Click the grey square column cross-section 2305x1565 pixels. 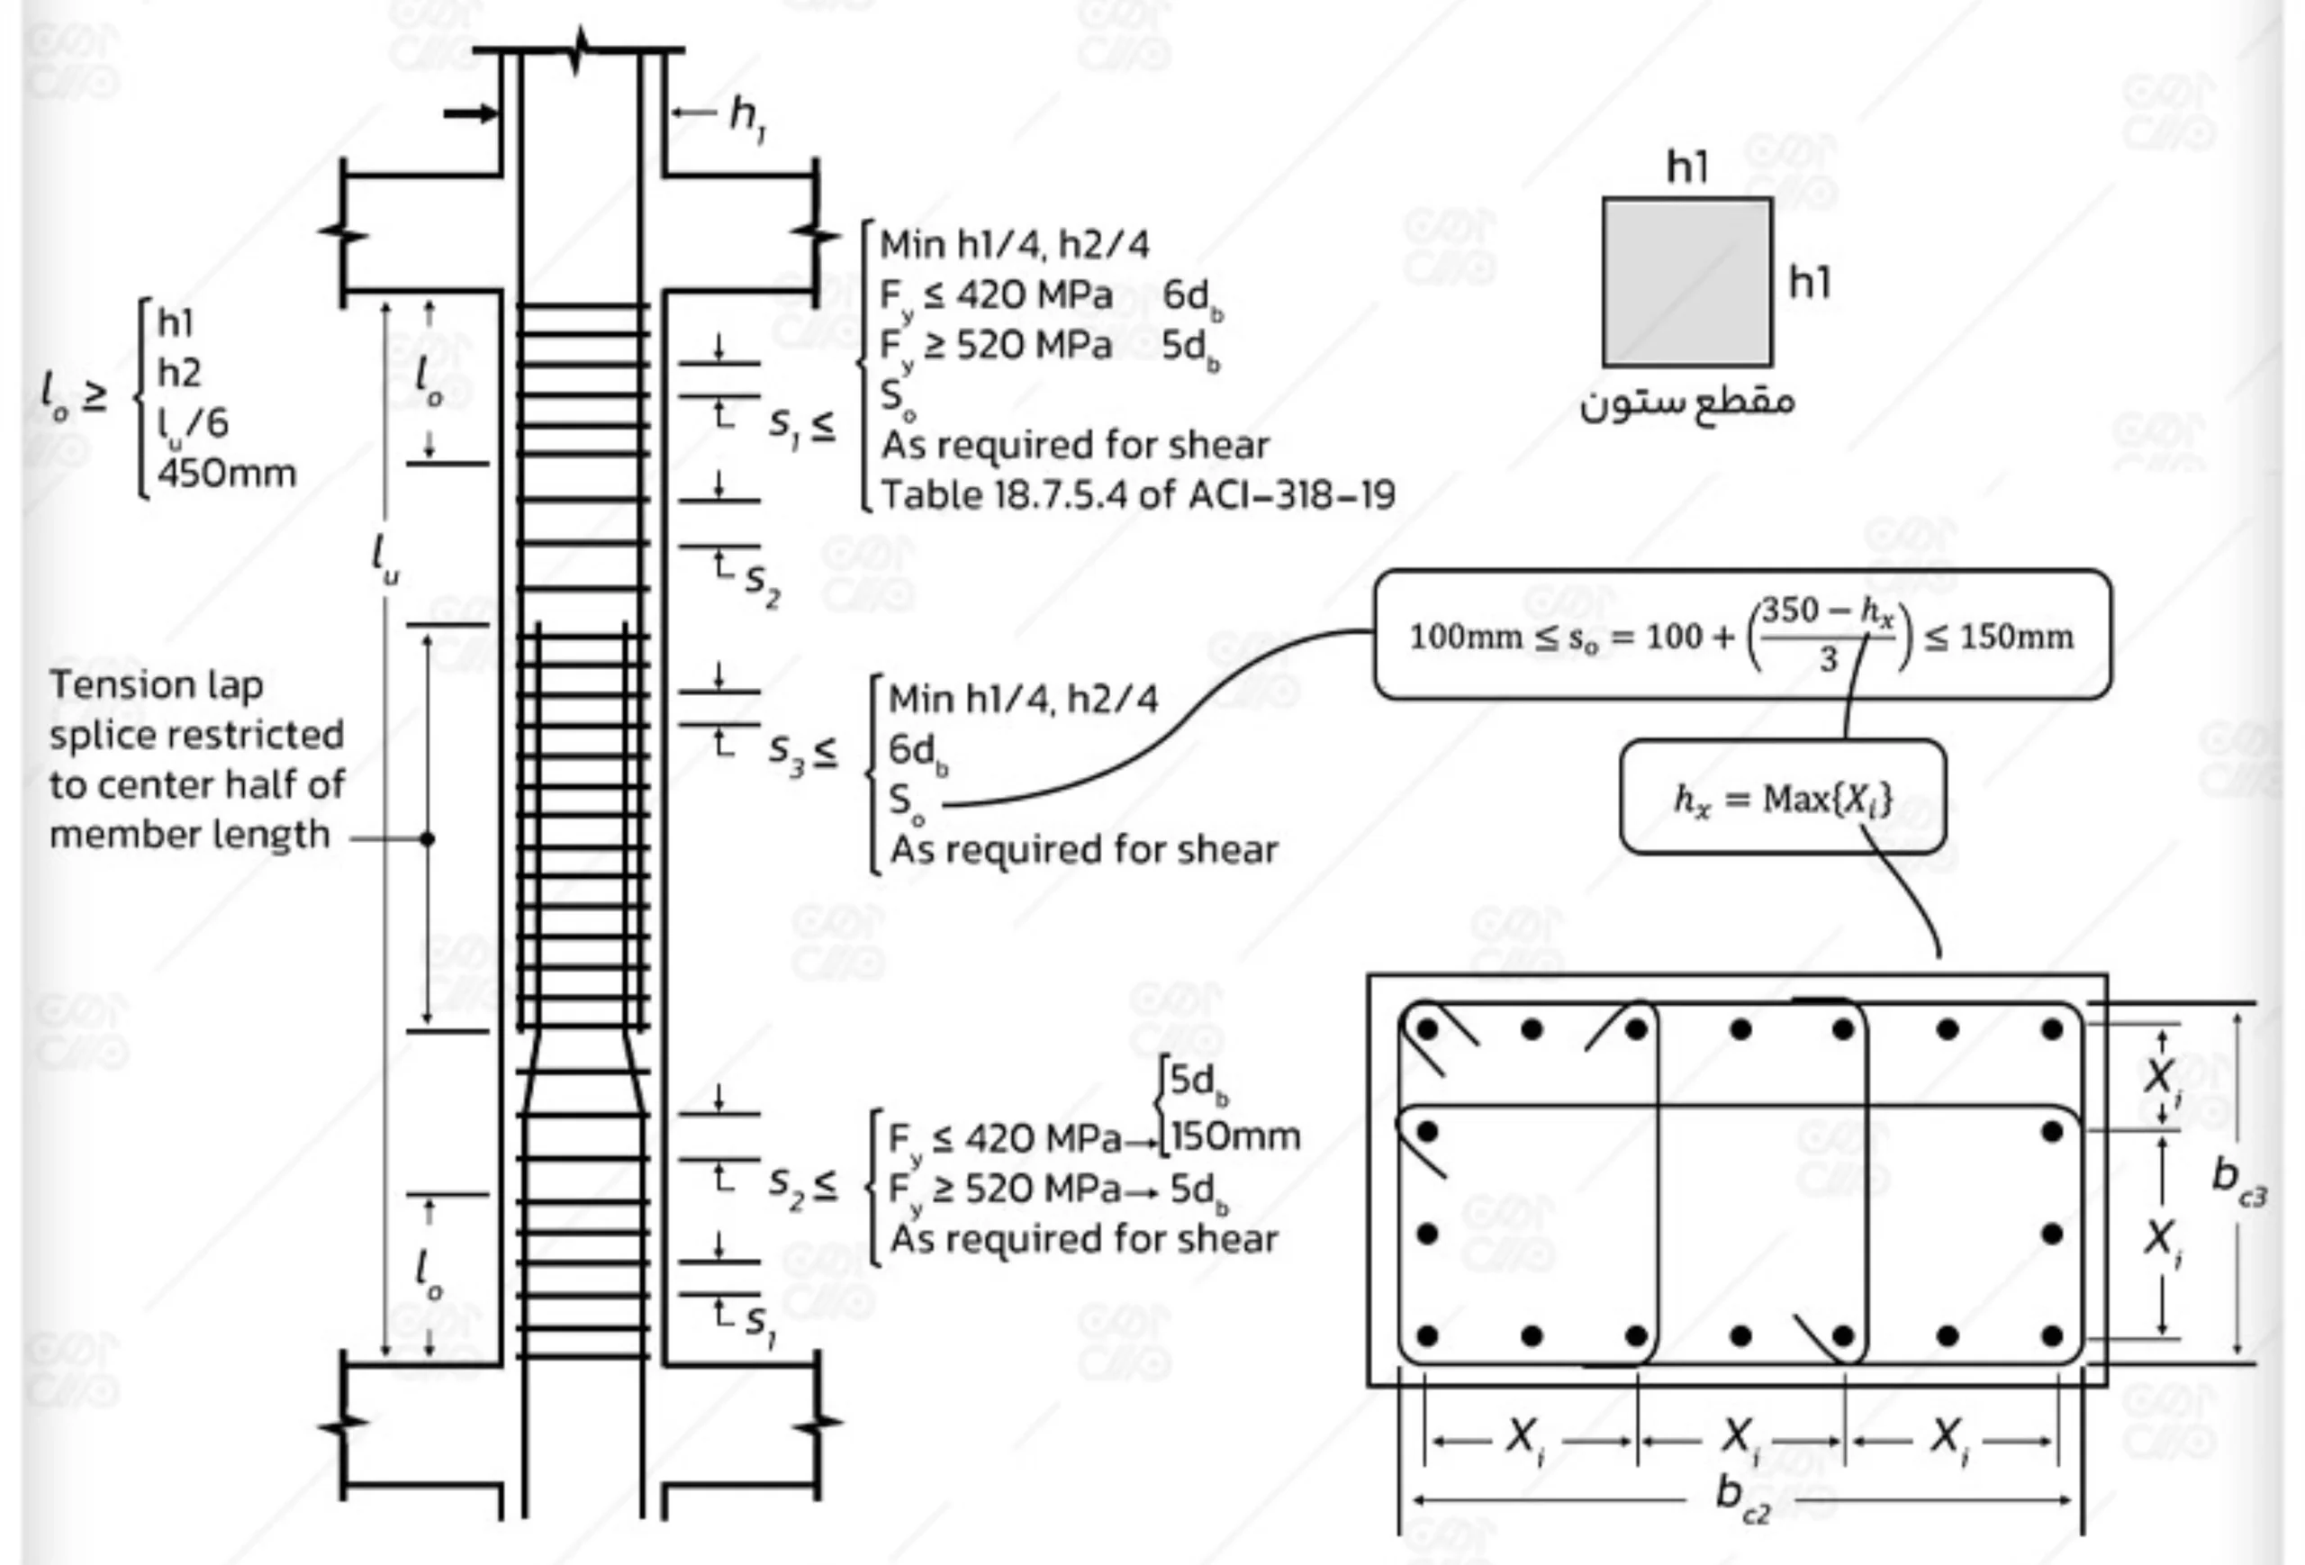tap(1687, 283)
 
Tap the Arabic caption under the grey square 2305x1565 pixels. tap(1687, 403)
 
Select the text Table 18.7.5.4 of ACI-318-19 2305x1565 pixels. tap(1137, 495)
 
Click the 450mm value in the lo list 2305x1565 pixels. tap(226, 473)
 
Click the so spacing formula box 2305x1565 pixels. tap(1741, 635)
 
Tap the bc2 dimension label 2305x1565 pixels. tap(1741, 1495)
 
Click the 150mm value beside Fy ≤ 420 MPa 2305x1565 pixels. tap(1234, 1136)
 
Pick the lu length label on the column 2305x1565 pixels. tap(384, 558)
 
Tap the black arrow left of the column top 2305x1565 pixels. tap(470, 114)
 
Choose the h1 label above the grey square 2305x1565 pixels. tap(1687, 167)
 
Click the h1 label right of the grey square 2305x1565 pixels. tap(1809, 284)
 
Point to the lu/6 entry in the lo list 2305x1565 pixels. tap(193, 423)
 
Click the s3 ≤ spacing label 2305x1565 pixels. tap(801, 753)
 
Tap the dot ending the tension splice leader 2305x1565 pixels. tap(428, 839)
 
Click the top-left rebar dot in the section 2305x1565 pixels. tap(1427, 1029)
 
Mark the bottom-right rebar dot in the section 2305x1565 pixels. tap(2052, 1336)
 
